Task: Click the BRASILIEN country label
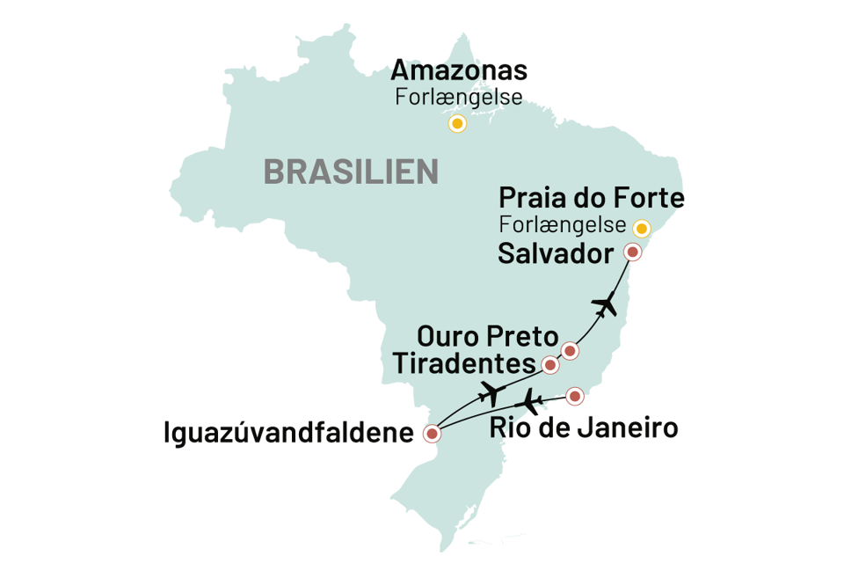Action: (x=351, y=172)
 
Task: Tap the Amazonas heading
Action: (x=459, y=71)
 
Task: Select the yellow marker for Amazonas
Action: (x=456, y=124)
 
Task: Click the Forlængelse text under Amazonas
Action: (x=458, y=98)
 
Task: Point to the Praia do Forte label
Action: (x=591, y=197)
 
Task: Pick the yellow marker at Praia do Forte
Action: (x=642, y=229)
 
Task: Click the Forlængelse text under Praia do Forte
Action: (x=563, y=224)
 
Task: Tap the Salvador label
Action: (x=555, y=254)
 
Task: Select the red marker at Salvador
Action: (x=632, y=252)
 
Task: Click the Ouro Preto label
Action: (x=487, y=337)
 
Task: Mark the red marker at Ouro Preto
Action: (x=569, y=351)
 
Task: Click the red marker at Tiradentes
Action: (x=550, y=364)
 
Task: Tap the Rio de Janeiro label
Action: (x=583, y=429)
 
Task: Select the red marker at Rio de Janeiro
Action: (x=574, y=397)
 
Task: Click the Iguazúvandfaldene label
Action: (x=287, y=433)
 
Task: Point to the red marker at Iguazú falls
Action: (x=431, y=434)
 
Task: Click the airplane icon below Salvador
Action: (x=606, y=304)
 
